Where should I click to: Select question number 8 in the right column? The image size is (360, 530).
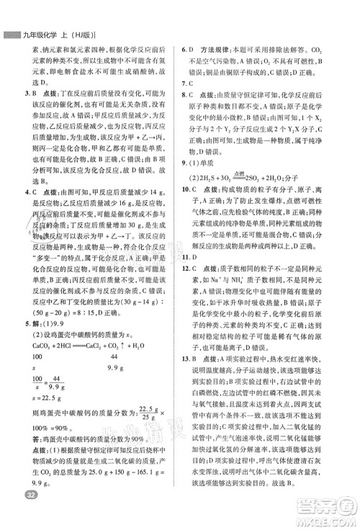[184, 94]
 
